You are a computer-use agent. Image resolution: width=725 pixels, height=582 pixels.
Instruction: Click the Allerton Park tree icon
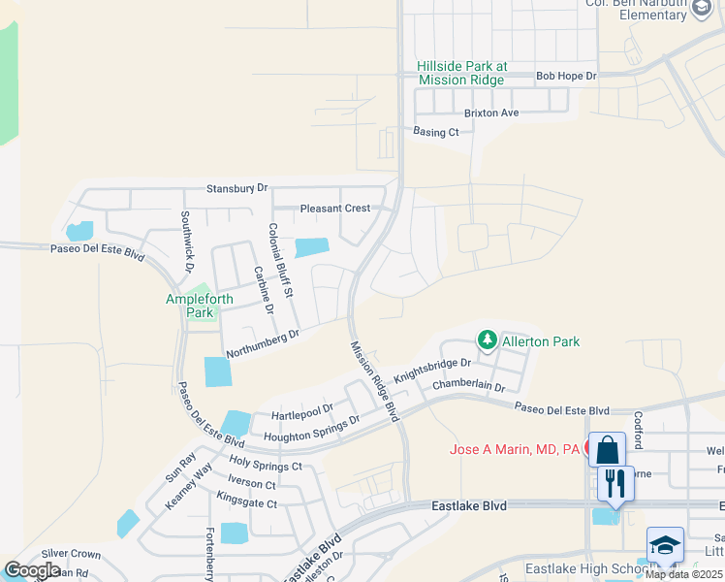pos(487,340)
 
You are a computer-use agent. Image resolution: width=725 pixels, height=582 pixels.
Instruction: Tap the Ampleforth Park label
pos(199,307)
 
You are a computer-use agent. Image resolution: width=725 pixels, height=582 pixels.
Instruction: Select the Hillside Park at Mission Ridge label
pos(461,73)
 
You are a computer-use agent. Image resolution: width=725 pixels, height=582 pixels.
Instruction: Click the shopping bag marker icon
pos(607,450)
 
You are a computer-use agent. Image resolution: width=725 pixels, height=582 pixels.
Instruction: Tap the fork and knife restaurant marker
pos(615,483)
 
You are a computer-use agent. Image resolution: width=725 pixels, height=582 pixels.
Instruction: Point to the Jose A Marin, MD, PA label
pos(514,449)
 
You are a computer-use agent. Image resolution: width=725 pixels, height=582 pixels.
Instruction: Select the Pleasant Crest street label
pos(335,209)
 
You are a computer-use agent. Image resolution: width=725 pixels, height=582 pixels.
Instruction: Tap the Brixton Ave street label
pos(491,113)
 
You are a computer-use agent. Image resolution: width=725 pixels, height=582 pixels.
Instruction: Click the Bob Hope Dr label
pos(566,75)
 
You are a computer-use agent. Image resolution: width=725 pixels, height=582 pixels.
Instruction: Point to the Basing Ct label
pos(435,132)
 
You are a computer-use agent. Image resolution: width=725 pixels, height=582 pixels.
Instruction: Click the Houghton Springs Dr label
pos(311,427)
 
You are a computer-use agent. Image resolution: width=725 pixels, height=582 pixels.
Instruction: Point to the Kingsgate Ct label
pos(246,503)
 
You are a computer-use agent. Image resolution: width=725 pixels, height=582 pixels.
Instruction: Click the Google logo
pos(32,570)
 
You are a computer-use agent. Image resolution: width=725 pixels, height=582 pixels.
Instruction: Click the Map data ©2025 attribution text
pos(683,574)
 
